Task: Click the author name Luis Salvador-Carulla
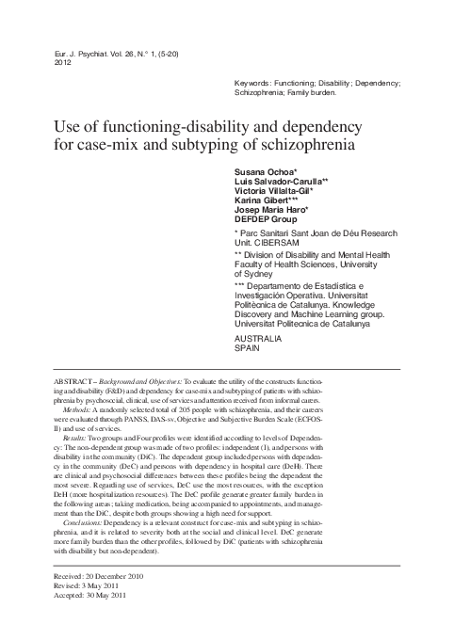coord(280,186)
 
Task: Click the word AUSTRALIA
coord(257,337)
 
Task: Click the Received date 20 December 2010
coord(102,576)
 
